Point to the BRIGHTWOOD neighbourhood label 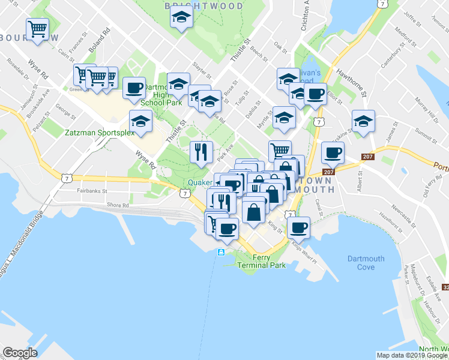pos(204,6)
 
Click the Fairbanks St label pos(91,191)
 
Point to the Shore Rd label pos(118,205)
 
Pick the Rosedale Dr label pos(18,68)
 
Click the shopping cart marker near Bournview pos(37,29)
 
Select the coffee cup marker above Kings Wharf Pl pos(298,227)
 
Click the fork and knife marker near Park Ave pos(201,151)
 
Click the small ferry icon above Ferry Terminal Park pos(221,251)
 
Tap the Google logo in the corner pos(20,353)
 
